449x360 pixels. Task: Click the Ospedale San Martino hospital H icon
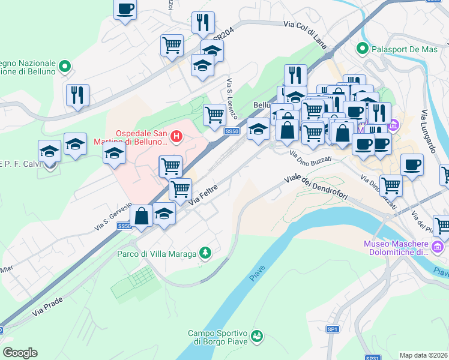pos(176,136)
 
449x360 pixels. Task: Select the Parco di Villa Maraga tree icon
pos(206,254)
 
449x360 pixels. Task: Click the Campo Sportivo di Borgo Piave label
pos(218,337)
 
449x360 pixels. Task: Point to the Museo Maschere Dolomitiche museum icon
pos(438,247)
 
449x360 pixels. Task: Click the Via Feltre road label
pos(203,196)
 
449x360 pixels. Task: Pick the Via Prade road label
pos(47,310)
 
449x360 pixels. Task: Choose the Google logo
pos(20,353)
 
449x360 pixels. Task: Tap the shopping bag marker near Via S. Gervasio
pos(141,216)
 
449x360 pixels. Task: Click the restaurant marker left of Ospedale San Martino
pos(78,95)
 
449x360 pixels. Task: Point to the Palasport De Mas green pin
pos(362,49)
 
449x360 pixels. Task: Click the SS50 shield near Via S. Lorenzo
pos(232,131)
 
